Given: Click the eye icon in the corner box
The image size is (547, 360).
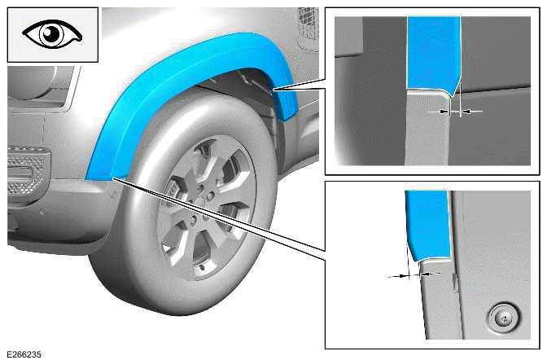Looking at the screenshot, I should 53,34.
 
